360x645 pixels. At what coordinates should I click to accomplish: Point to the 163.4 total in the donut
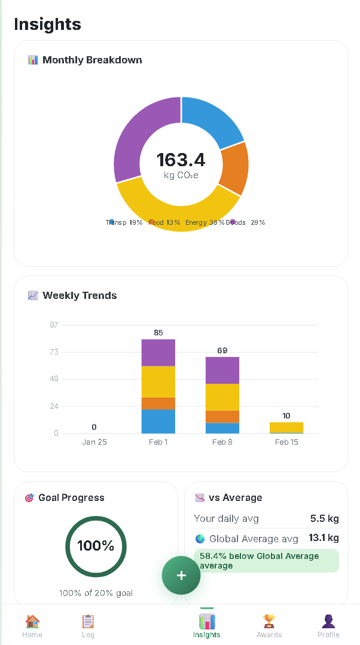(x=181, y=160)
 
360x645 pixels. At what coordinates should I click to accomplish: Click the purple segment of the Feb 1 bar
(x=158, y=353)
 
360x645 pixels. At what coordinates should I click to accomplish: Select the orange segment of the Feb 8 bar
(x=222, y=417)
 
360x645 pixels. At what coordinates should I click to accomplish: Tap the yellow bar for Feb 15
(x=286, y=427)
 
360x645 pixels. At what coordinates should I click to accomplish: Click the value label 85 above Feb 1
(x=158, y=332)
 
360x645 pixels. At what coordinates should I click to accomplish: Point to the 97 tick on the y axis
(x=54, y=325)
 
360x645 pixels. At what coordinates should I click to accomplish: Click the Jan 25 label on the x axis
(x=94, y=442)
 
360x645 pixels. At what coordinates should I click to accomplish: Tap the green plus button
(x=181, y=575)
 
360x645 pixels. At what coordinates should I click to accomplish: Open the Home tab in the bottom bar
(x=32, y=626)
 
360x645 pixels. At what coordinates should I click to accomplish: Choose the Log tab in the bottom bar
(x=88, y=626)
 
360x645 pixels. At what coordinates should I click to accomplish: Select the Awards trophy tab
(x=269, y=626)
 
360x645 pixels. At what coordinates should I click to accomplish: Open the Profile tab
(x=328, y=626)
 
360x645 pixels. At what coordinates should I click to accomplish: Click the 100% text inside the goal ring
(x=96, y=546)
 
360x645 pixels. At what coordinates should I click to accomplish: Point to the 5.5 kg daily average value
(x=325, y=518)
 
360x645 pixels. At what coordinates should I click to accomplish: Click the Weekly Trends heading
(x=80, y=295)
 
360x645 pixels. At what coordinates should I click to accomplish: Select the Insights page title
(x=47, y=24)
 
